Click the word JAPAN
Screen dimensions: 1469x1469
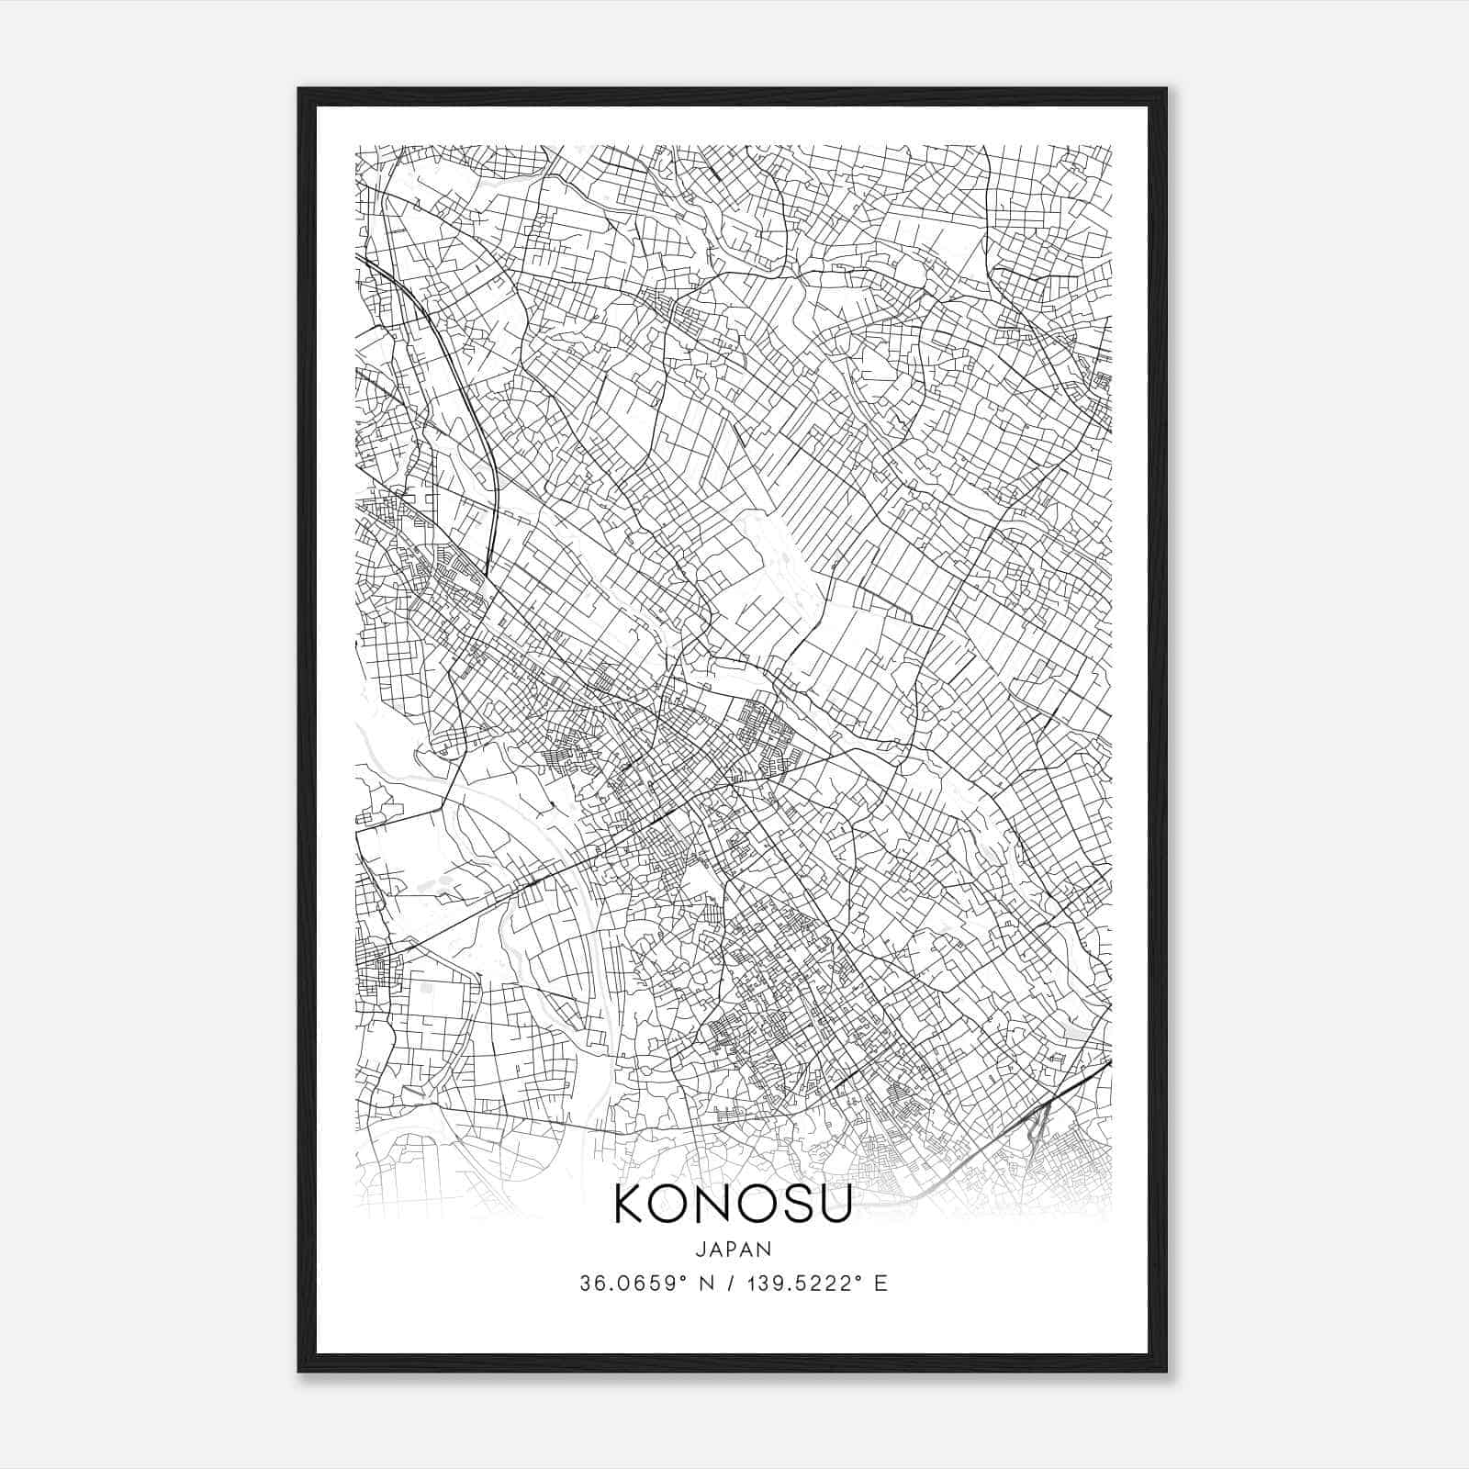click(x=733, y=1249)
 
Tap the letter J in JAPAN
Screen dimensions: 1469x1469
click(x=700, y=1249)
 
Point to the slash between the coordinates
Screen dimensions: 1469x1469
click(x=734, y=1284)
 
